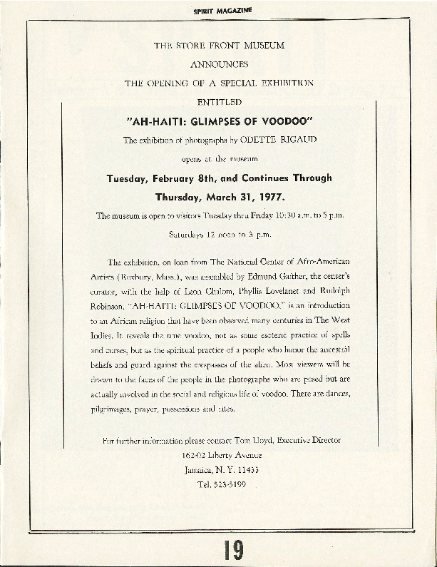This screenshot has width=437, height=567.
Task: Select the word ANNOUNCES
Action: click(x=219, y=63)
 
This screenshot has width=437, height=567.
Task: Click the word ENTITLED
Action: click(x=219, y=102)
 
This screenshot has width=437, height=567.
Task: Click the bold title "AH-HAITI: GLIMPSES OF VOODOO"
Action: click(x=219, y=121)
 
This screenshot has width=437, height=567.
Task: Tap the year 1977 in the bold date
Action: click(x=270, y=195)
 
